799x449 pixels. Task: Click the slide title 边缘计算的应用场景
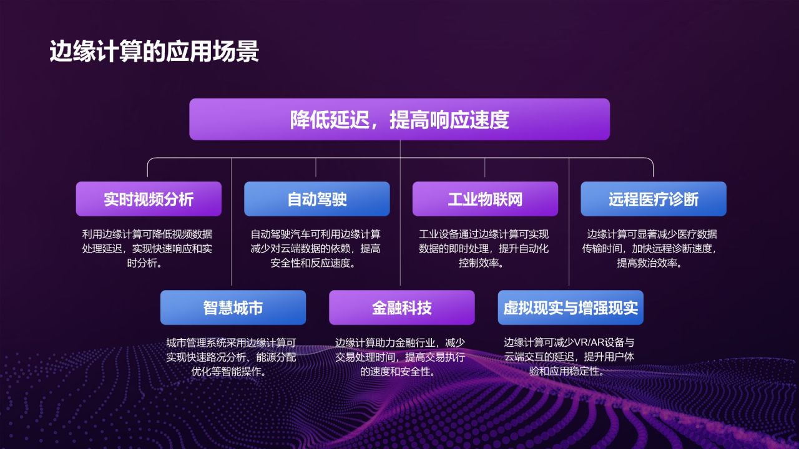[x=154, y=52]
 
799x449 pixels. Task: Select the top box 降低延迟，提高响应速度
[x=399, y=119]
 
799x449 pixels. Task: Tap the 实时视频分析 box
[x=149, y=199]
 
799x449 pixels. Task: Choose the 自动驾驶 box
[x=316, y=199]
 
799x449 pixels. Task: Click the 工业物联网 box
[x=485, y=199]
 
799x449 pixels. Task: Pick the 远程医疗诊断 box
[x=654, y=199]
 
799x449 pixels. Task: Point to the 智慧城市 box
[x=233, y=307]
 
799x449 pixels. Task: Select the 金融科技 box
[x=401, y=307]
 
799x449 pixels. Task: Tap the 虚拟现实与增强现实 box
[x=571, y=307]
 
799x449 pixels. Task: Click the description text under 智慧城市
[x=232, y=357]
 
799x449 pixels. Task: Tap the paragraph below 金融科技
[x=400, y=357]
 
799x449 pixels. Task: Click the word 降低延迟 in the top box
[x=329, y=119]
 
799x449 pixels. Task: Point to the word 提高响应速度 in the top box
[x=449, y=119]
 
